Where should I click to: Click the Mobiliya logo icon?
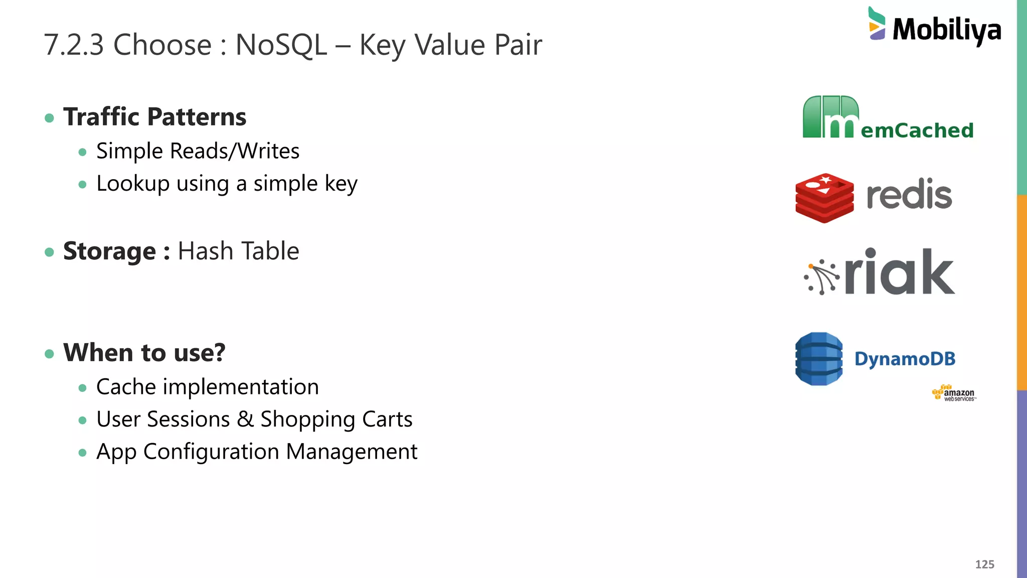[877, 24]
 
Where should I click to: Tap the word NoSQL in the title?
[281, 45]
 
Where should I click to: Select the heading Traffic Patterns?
[154, 117]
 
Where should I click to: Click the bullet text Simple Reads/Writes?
[198, 151]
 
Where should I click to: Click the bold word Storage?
[109, 251]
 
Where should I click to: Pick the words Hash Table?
[238, 251]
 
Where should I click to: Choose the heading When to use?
[144, 352]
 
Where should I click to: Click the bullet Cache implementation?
[207, 387]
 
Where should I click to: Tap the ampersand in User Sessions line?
[245, 419]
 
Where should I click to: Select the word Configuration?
[211, 452]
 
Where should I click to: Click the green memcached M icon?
[830, 117]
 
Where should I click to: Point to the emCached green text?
[917, 130]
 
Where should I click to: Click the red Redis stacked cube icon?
[824, 198]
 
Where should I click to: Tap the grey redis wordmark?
[909, 195]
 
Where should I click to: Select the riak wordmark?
[900, 272]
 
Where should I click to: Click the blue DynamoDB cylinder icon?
[819, 359]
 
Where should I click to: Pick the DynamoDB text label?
[905, 359]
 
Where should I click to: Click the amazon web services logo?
[954, 393]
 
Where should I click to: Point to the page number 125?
[984, 564]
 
